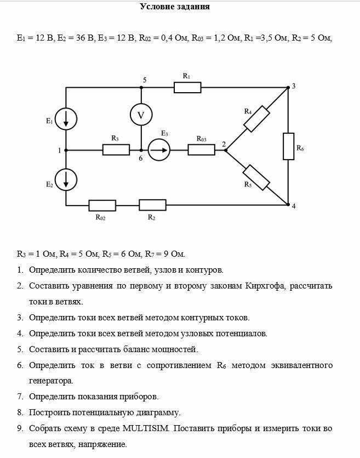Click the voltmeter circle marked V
click(141, 115)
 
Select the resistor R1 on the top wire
click(187, 87)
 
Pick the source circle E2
click(66, 178)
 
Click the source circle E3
click(159, 149)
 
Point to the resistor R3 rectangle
click(116, 149)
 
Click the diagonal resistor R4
click(256, 118)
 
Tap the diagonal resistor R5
click(257, 177)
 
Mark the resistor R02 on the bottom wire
click(102, 205)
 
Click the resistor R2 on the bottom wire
click(152, 205)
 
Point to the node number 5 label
click(145, 80)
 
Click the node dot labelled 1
click(66, 149)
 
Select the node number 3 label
click(294, 86)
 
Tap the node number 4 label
click(294, 206)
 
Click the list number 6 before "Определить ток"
click(19, 365)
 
